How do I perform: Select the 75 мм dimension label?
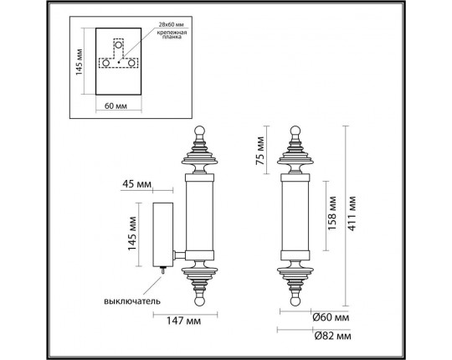point(260,152)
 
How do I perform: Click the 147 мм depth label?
point(182,319)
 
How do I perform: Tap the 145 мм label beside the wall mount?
point(131,230)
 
